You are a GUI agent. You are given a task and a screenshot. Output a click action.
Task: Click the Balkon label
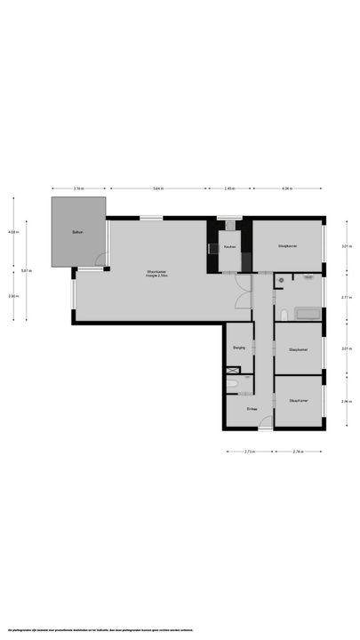point(78,233)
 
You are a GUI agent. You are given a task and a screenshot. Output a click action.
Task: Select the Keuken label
point(229,246)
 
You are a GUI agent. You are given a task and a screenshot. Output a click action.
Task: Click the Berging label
point(238,349)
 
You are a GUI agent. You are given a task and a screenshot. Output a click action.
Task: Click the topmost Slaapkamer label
point(287,245)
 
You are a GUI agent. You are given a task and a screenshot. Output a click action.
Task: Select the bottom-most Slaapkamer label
point(299,401)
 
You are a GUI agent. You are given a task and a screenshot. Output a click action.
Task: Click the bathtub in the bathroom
point(307,313)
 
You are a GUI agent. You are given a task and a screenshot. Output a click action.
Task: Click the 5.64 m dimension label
point(157,188)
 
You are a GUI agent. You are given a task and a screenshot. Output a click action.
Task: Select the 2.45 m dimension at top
point(229,188)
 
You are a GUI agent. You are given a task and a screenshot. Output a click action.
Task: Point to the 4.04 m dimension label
point(287,188)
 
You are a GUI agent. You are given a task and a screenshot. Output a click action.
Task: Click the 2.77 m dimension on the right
point(345,298)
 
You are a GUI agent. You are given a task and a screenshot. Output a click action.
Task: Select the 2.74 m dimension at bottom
point(299,452)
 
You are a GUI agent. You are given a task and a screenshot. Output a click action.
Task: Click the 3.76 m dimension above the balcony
point(78,188)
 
